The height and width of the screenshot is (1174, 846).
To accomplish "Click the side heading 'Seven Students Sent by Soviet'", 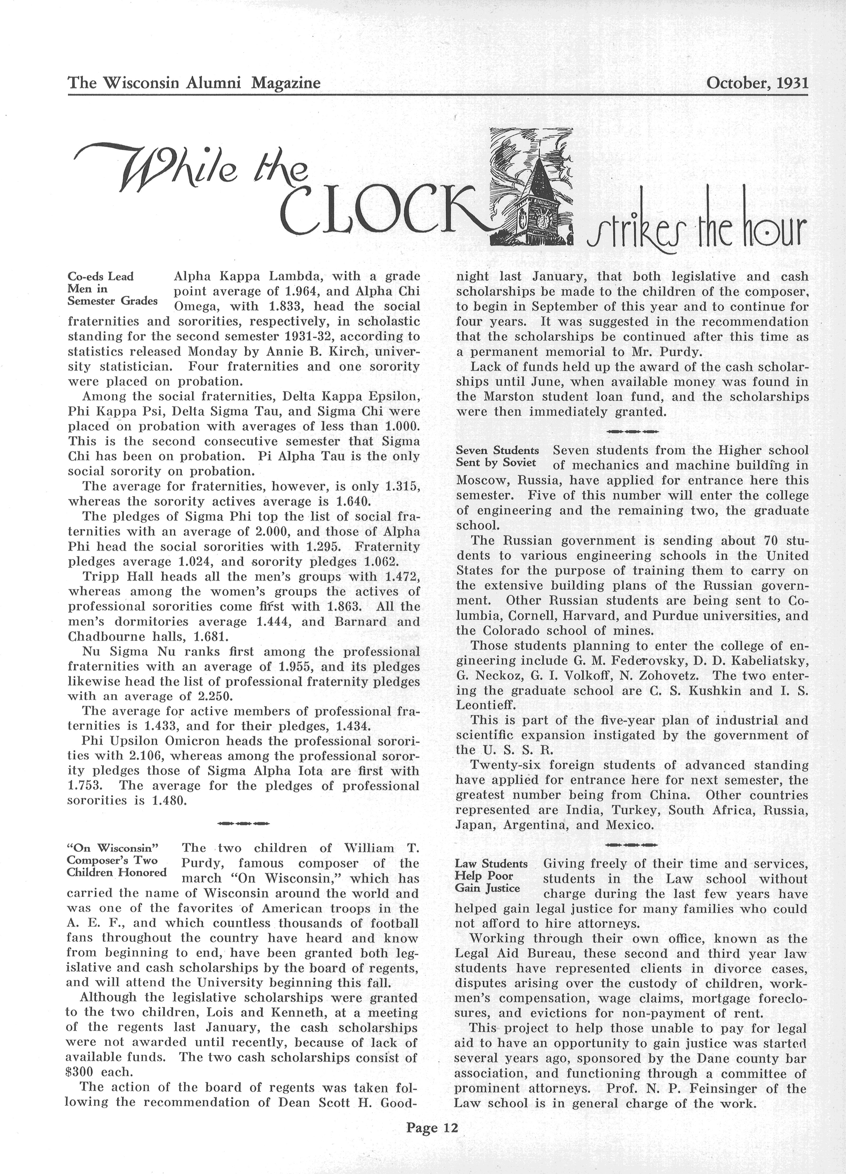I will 497,456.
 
